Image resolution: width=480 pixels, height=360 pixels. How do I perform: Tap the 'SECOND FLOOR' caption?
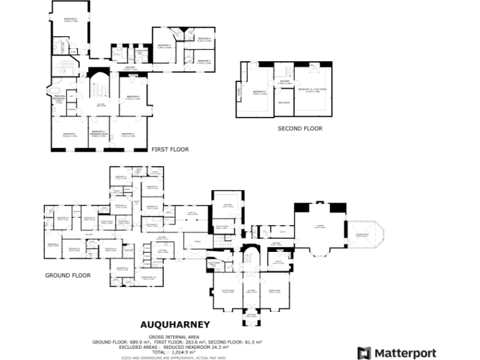300,129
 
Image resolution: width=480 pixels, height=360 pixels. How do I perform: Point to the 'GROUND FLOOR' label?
67,275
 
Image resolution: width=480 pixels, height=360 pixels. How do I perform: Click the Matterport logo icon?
364,353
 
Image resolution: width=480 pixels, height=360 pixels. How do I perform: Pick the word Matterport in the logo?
405,353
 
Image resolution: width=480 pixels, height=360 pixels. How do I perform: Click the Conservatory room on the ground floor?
362,236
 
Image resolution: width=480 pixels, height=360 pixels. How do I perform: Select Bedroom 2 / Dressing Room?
99,135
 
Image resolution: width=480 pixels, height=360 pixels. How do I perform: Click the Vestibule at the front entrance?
251,316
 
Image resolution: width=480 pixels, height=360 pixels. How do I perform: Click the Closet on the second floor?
239,92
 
